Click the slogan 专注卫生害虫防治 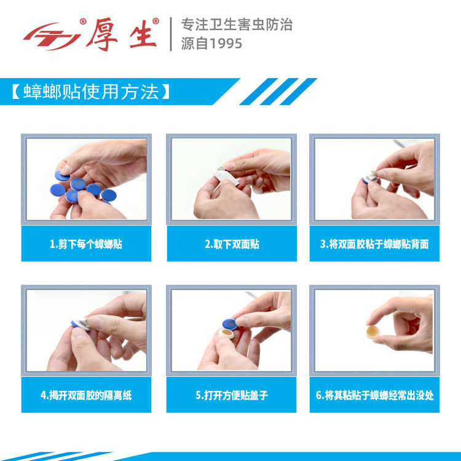[x=236, y=25]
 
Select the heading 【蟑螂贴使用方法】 [x=90, y=92]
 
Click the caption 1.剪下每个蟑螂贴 [x=86, y=244]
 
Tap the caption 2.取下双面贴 [x=231, y=244]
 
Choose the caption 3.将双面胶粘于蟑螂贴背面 [x=374, y=244]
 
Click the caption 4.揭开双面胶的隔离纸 [x=86, y=395]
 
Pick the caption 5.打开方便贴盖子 [x=231, y=395]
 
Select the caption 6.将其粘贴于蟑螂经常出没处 [x=374, y=395]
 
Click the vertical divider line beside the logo [x=170, y=34]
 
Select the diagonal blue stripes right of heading [x=277, y=92]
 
